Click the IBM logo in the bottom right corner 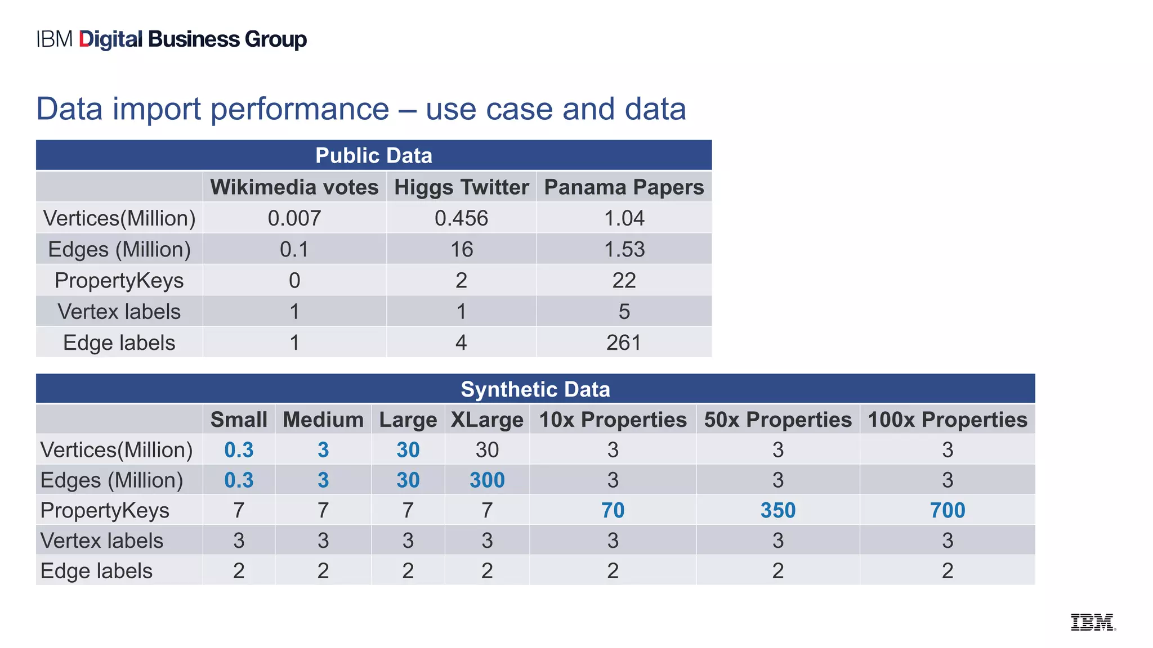click(x=1093, y=622)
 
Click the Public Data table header click(x=374, y=156)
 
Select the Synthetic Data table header click(x=535, y=389)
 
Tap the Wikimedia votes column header click(x=294, y=187)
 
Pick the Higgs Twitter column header click(x=462, y=187)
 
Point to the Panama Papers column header click(x=624, y=187)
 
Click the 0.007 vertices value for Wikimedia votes click(x=294, y=218)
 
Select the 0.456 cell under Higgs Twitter click(x=462, y=218)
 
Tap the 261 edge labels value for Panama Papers click(x=624, y=343)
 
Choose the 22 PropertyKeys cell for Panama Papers click(x=624, y=280)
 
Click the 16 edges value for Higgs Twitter click(x=462, y=249)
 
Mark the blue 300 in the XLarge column click(x=487, y=480)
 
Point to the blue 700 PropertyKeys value click(x=948, y=511)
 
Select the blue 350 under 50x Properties click(x=778, y=511)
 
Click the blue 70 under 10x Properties click(x=613, y=511)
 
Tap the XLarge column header click(x=487, y=420)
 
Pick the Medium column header click(x=323, y=420)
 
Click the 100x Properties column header click(x=948, y=420)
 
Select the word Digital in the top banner click(x=111, y=39)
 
